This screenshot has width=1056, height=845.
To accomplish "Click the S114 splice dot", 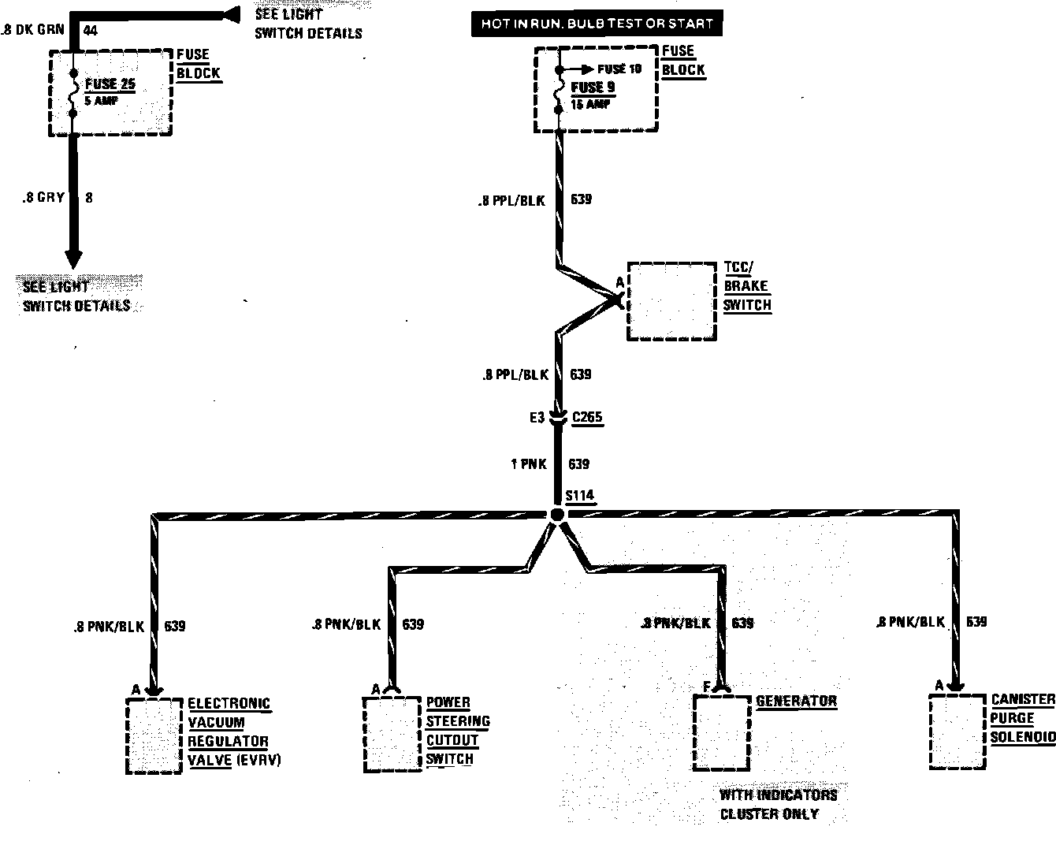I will pyautogui.click(x=557, y=514).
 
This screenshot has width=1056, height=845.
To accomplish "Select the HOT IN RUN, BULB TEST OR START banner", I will pyautogui.click(x=597, y=24).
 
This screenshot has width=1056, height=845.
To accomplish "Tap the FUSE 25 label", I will pyautogui.click(x=111, y=84).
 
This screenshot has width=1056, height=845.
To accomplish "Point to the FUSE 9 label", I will pyautogui.click(x=592, y=87).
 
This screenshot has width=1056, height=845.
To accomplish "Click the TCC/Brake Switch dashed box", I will pyautogui.click(x=671, y=301).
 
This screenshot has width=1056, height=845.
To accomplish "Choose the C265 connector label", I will pyautogui.click(x=587, y=417).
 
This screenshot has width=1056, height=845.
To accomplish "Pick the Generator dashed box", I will pyautogui.click(x=721, y=732).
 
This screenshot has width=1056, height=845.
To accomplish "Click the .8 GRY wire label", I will pyautogui.click(x=43, y=198).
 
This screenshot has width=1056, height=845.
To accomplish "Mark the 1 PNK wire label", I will pyautogui.click(x=528, y=464).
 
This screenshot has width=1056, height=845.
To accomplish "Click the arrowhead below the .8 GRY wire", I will pyautogui.click(x=73, y=259).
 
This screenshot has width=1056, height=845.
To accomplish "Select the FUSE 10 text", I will pyautogui.click(x=619, y=69).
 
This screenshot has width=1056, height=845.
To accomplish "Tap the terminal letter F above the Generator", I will pyautogui.click(x=707, y=688).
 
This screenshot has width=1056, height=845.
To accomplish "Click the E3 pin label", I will pyautogui.click(x=537, y=418).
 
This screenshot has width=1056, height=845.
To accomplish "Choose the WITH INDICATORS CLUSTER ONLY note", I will pyautogui.click(x=778, y=804).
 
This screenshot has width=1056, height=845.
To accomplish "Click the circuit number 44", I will pyautogui.click(x=90, y=32).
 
